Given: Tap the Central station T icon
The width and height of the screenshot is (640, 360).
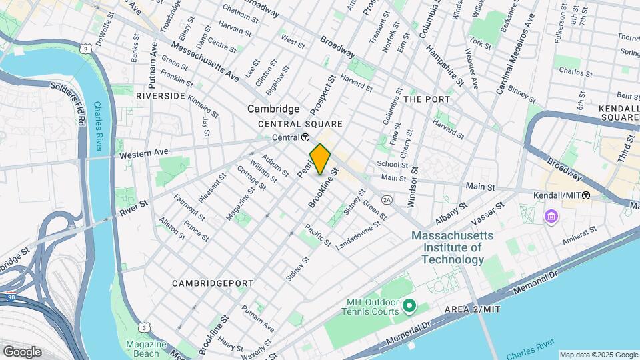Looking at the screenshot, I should point(305,137).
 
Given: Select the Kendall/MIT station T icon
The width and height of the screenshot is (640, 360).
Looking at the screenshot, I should point(586,195).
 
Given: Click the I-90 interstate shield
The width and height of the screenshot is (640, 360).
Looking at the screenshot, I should point(11,297).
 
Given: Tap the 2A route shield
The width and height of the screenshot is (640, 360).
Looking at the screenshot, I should point(387,199).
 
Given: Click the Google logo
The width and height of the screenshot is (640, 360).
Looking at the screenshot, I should point(22,351).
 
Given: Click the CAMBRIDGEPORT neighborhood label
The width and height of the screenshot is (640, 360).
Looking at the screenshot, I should point(213,283).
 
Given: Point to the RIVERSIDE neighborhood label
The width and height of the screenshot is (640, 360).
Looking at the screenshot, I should point(160,96).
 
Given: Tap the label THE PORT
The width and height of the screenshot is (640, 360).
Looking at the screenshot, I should point(427,99).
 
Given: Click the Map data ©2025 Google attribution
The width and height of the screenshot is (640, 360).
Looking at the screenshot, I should point(599,355).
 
